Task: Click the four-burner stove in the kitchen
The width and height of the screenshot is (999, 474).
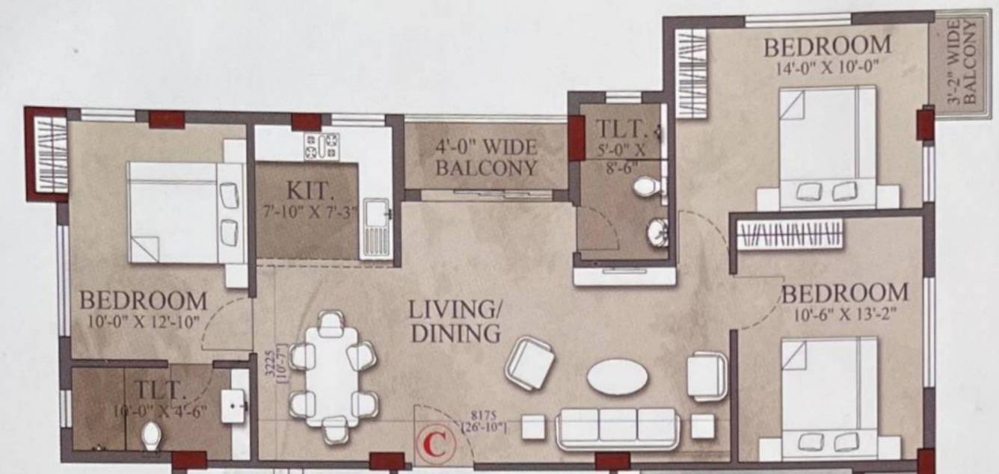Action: (321, 145)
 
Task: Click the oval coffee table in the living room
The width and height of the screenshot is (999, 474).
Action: (618, 376)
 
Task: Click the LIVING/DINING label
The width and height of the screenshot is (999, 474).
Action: (455, 321)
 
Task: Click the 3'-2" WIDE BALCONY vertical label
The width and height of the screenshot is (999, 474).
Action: (963, 63)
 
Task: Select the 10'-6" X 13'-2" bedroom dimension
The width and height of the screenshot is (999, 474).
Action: (844, 313)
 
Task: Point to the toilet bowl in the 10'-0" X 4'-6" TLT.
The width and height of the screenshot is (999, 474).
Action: (151, 434)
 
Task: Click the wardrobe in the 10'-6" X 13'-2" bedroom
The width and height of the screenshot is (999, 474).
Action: (790, 234)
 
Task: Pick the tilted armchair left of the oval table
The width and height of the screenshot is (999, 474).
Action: (529, 363)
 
